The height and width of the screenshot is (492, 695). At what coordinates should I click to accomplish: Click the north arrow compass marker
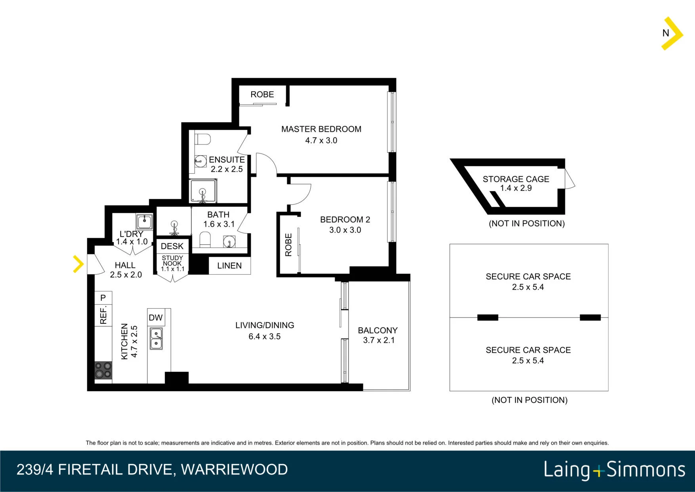pos(672,33)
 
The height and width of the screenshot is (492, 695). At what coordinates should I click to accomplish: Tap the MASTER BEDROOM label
pos(321,129)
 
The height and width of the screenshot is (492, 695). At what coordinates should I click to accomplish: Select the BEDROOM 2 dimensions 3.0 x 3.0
pos(345,230)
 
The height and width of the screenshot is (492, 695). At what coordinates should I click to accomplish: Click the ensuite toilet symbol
pos(202,139)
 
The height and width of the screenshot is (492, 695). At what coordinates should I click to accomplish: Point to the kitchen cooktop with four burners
pos(103,370)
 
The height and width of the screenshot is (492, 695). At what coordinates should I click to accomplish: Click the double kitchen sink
pos(156,338)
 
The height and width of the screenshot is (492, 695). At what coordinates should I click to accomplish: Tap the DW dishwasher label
pos(156,318)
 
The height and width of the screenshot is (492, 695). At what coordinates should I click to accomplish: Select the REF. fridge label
pos(103,315)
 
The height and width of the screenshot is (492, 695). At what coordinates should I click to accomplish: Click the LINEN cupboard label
pos(229,266)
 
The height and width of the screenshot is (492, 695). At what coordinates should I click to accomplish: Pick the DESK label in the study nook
pos(172,246)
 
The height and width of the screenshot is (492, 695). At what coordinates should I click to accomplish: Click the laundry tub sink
pos(144,221)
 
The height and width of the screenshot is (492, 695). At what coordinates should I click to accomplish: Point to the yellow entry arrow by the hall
pos(78,264)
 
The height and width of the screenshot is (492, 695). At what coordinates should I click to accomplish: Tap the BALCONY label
pos(378,331)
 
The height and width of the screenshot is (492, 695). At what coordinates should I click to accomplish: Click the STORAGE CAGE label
pos(516,179)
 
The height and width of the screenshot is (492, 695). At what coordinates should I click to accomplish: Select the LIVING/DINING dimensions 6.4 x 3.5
pos(265,336)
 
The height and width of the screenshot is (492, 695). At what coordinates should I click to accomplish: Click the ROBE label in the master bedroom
pos(262,94)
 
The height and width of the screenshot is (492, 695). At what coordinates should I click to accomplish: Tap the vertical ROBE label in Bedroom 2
pos(288,245)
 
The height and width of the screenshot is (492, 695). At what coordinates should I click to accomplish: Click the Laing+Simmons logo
pos(615,470)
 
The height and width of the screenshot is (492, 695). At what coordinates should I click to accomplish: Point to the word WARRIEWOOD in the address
pos(235,470)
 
